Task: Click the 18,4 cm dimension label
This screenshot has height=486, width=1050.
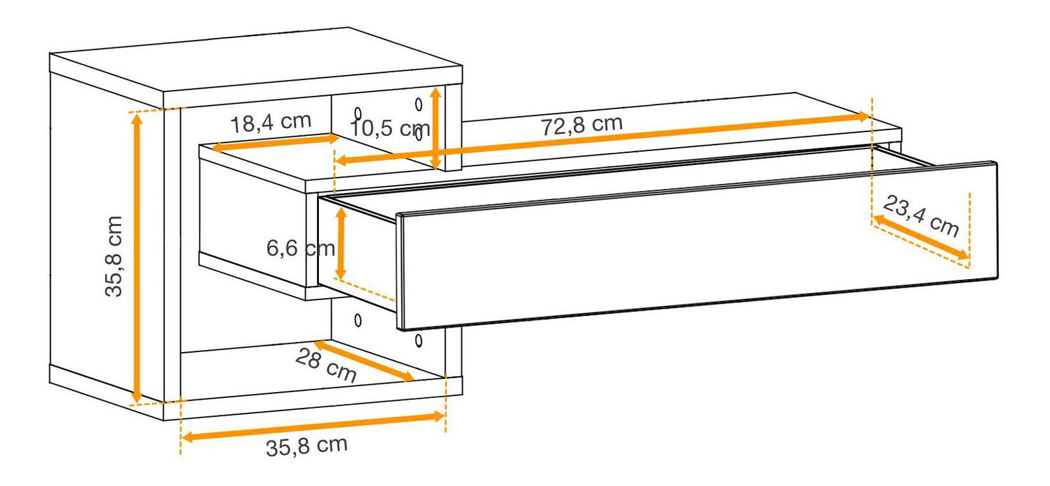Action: [x=271, y=122]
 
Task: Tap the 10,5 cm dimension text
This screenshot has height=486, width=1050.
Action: [x=390, y=127]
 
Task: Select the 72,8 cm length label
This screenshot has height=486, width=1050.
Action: [x=581, y=125]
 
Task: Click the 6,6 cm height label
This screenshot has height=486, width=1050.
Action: [x=301, y=248]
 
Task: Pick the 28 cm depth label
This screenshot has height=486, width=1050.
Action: [x=326, y=365]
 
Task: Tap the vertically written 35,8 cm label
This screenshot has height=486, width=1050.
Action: [x=114, y=256]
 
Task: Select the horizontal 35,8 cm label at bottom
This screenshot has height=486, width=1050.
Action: [x=306, y=446]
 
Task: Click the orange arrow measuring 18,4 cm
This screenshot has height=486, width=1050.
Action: [x=275, y=143]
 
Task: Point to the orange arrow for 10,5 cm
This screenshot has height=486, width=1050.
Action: [x=436, y=128]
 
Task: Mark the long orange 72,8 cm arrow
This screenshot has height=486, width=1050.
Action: [x=603, y=139]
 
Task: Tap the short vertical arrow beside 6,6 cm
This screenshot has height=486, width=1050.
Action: [x=341, y=244]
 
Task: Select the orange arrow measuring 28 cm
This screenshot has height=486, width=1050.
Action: [x=364, y=361]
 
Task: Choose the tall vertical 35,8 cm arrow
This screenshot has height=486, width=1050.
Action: [x=136, y=257]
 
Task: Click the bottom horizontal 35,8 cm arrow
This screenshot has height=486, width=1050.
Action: [x=312, y=427]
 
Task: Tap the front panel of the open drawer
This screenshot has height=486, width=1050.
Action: [x=698, y=246]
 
